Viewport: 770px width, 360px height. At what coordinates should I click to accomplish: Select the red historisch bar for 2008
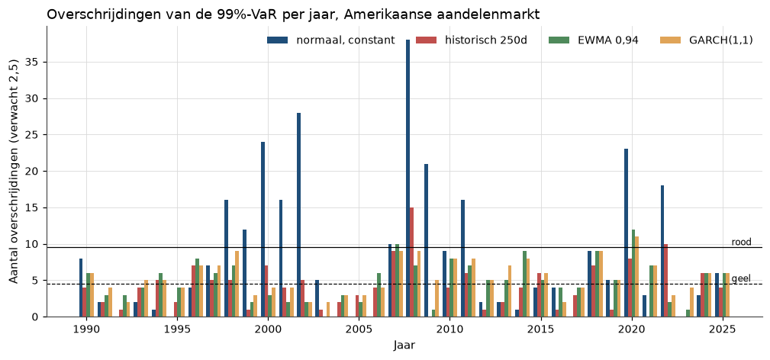(411, 262)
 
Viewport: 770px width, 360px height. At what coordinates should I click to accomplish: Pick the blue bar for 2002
(298, 214)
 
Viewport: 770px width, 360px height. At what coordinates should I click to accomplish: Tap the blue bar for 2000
(263, 230)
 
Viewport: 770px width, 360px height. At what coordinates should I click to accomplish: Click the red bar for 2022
(666, 281)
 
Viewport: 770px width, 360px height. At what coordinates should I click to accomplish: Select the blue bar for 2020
(626, 233)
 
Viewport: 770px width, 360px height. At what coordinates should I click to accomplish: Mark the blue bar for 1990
(81, 288)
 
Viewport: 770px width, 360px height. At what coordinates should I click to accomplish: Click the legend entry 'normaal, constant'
(331, 40)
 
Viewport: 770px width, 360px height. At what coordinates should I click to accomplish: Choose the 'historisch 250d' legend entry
(472, 40)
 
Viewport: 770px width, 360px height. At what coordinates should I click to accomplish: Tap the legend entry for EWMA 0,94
(593, 40)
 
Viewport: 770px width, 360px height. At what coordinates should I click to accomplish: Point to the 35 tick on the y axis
(34, 63)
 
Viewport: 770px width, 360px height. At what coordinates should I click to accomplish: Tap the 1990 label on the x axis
(86, 328)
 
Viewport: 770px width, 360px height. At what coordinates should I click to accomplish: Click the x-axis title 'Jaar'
(404, 346)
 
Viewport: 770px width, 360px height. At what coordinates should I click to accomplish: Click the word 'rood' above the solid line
(742, 242)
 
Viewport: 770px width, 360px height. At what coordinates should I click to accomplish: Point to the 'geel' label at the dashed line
(742, 278)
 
